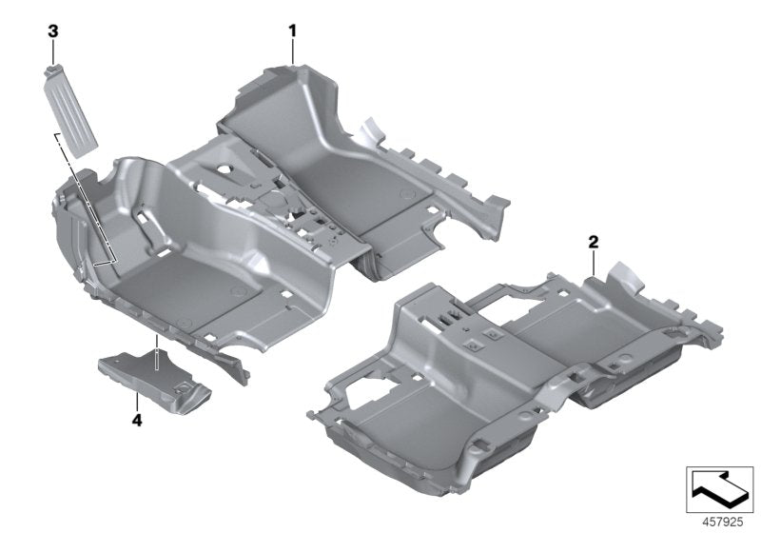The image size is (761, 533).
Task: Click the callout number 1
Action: (x=293, y=31)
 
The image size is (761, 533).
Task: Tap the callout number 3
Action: (x=54, y=31)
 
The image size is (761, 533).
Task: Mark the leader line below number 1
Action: (x=293, y=51)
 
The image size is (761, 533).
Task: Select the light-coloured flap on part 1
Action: (x=370, y=129)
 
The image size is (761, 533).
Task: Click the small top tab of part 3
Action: (x=54, y=67)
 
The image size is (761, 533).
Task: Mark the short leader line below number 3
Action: (x=54, y=49)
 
